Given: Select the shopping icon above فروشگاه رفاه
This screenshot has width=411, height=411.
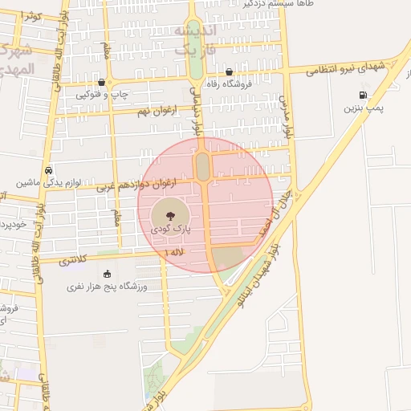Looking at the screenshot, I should [230, 71].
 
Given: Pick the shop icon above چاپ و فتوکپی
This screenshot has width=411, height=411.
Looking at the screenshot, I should [100, 82].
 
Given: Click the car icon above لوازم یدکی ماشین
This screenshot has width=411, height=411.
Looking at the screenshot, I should [50, 171].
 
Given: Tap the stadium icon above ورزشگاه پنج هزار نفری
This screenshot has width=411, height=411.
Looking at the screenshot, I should [108, 275].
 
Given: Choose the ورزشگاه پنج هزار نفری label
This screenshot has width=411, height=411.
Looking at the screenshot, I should [107, 286].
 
